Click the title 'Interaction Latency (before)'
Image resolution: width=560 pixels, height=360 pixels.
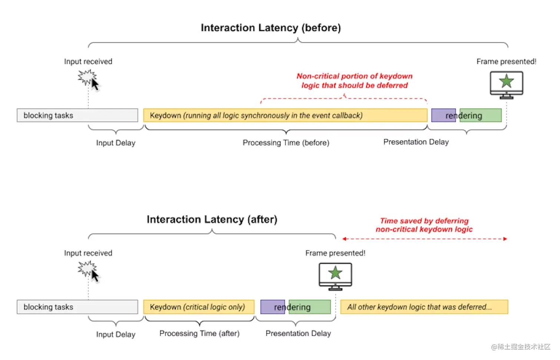pos(271,28)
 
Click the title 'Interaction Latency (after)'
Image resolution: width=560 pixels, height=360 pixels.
pos(212,220)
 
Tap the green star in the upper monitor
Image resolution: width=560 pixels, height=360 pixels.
pos(507,81)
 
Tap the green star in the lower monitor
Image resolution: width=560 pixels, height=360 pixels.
pos(335,273)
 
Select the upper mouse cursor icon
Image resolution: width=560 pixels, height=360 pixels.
pos(95,84)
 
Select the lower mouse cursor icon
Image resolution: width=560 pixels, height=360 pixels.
pos(95,276)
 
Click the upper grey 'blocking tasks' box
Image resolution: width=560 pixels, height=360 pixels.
pos(77,115)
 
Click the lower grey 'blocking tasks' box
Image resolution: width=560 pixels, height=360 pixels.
pos(77,307)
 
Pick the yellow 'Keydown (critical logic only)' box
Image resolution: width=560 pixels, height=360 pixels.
pos(199,307)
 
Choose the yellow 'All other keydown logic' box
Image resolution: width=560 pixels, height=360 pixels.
pos(424,307)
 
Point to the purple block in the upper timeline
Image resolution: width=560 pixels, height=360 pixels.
pos(443,115)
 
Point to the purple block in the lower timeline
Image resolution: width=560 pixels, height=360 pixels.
pos(272,307)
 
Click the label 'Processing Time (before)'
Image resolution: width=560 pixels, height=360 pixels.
pos(286,143)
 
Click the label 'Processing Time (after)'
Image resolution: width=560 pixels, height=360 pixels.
pos(200,333)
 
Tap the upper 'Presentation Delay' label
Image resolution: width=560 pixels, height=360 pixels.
pos(416,142)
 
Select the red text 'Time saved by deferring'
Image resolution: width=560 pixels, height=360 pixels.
pos(424,221)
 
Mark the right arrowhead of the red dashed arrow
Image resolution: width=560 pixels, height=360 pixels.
pos(505,239)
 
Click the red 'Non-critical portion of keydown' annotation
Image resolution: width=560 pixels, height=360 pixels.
pos(354,76)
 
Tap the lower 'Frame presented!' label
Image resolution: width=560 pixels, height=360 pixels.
pos(335,253)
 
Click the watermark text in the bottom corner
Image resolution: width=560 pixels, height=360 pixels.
pos(521,347)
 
